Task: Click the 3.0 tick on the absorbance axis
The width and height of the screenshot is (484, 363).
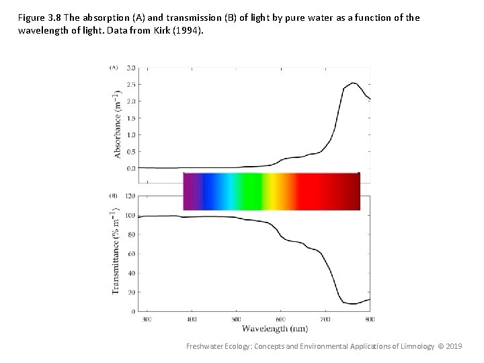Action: click(x=130, y=67)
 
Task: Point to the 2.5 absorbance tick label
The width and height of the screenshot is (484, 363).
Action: click(x=130, y=84)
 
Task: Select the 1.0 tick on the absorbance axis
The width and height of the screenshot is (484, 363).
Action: click(x=130, y=134)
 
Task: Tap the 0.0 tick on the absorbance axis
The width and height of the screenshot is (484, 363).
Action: click(x=130, y=168)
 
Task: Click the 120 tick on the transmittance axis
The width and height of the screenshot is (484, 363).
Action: click(x=130, y=196)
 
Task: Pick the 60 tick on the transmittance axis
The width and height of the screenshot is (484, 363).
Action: click(x=131, y=254)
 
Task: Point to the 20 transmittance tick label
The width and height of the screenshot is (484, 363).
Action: click(x=131, y=292)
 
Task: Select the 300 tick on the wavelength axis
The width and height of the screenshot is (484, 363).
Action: click(x=148, y=318)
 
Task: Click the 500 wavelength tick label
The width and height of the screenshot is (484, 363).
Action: click(x=237, y=318)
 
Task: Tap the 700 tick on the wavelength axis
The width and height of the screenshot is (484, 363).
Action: click(x=325, y=318)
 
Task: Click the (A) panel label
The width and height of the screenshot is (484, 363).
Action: click(x=114, y=67)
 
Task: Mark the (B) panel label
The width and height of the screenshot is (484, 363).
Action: click(x=114, y=196)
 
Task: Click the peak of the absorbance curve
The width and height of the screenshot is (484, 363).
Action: click(x=354, y=83)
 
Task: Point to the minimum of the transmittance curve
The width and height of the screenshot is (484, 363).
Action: click(x=354, y=304)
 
